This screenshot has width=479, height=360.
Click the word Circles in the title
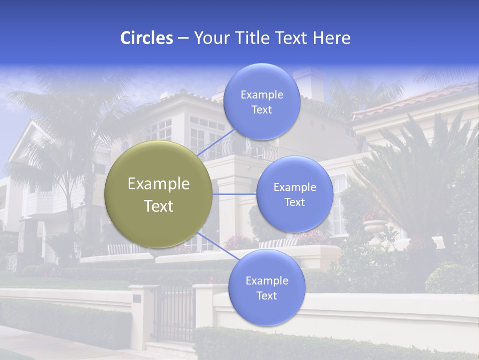pos(146,38)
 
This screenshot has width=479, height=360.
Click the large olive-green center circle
pos(158,194)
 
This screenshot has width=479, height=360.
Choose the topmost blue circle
pos(261,101)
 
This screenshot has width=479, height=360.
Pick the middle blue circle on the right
pos(294,194)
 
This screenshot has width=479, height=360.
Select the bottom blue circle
pos(266,287)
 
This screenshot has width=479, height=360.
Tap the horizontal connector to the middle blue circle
pos(234,194)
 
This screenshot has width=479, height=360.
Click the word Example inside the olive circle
pos(158,183)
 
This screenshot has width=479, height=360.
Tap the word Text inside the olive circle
pos(158,206)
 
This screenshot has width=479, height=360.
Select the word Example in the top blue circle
pos(261,94)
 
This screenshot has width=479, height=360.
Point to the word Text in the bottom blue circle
pos(266,295)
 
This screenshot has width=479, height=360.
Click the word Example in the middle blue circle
pos(294,187)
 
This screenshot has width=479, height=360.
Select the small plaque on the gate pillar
pos(137,298)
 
